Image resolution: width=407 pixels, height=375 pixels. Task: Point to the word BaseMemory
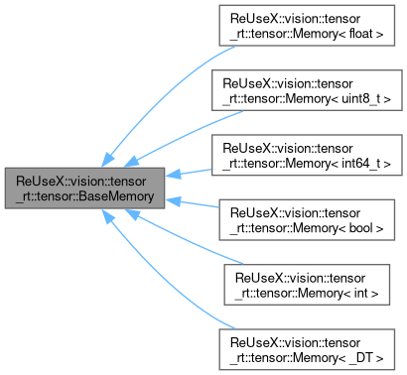pyautogui.click(x=117, y=196)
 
